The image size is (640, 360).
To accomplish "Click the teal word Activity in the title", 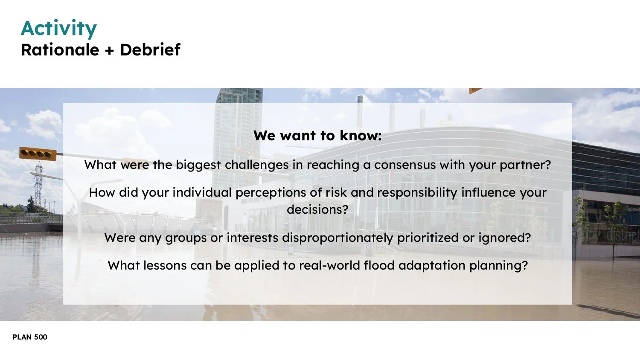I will (59, 29).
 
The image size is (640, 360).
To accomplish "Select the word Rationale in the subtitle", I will (60, 50).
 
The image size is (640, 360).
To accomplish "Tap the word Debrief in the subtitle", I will (150, 50).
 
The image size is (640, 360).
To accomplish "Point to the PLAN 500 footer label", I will (30, 337).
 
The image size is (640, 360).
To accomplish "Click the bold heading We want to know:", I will (317, 136).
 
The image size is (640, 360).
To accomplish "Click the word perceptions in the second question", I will (271, 193).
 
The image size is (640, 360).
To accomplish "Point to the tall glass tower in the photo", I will (239, 124).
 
